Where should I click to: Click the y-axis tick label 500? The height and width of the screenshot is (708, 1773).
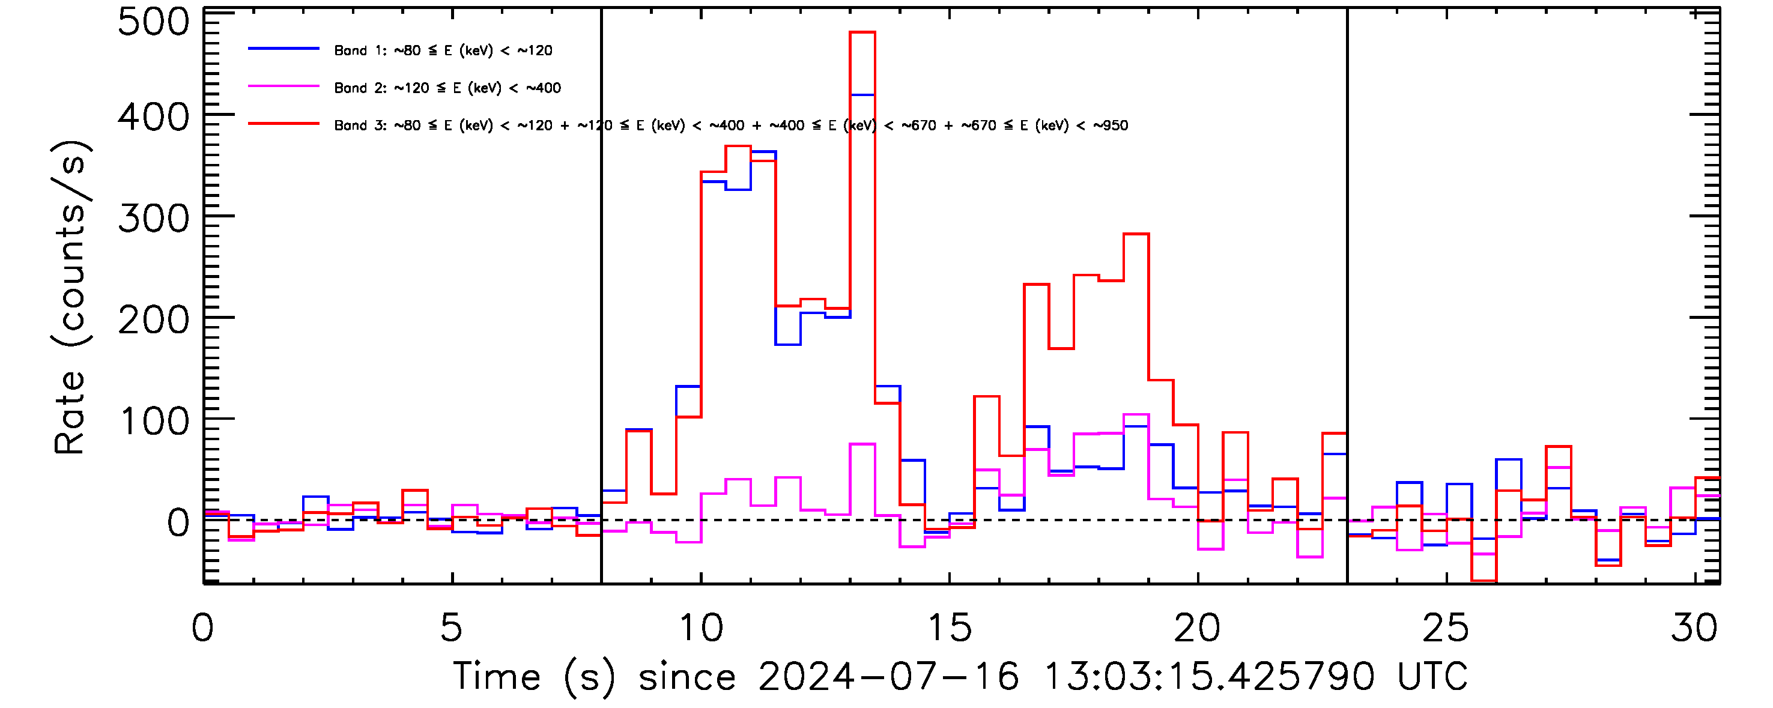pyautogui.click(x=153, y=22)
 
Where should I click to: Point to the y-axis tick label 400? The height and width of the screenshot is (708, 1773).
pyautogui.click(x=153, y=118)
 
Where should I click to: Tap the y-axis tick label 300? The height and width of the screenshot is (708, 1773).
pyautogui.click(x=153, y=220)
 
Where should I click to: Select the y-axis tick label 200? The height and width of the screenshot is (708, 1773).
pyautogui.click(x=153, y=321)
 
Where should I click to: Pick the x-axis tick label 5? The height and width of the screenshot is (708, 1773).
pyautogui.click(x=452, y=628)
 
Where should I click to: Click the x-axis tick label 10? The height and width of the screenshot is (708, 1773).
pyautogui.click(x=701, y=628)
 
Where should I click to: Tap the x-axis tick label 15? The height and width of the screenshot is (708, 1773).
pyautogui.click(x=950, y=628)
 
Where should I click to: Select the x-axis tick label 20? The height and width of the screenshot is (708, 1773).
pyautogui.click(x=1198, y=628)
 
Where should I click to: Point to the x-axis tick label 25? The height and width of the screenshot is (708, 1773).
pyautogui.click(x=1446, y=628)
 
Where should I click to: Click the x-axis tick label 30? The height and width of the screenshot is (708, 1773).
pyautogui.click(x=1694, y=628)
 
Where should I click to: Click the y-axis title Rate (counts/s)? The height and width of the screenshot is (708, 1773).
pyautogui.click(x=70, y=297)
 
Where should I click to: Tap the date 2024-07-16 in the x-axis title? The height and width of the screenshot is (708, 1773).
pyautogui.click(x=888, y=677)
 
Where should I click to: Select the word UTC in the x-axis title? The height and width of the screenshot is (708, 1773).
pyautogui.click(x=1432, y=677)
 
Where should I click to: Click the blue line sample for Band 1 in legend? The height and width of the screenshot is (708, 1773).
pyautogui.click(x=283, y=49)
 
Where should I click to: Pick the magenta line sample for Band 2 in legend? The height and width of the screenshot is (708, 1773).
pyautogui.click(x=283, y=86)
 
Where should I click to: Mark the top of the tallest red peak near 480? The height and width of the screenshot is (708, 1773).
pyautogui.click(x=862, y=32)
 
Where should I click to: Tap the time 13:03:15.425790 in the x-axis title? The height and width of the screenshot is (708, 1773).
pyautogui.click(x=1209, y=677)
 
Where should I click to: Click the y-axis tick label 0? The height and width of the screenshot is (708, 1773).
pyautogui.click(x=178, y=523)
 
